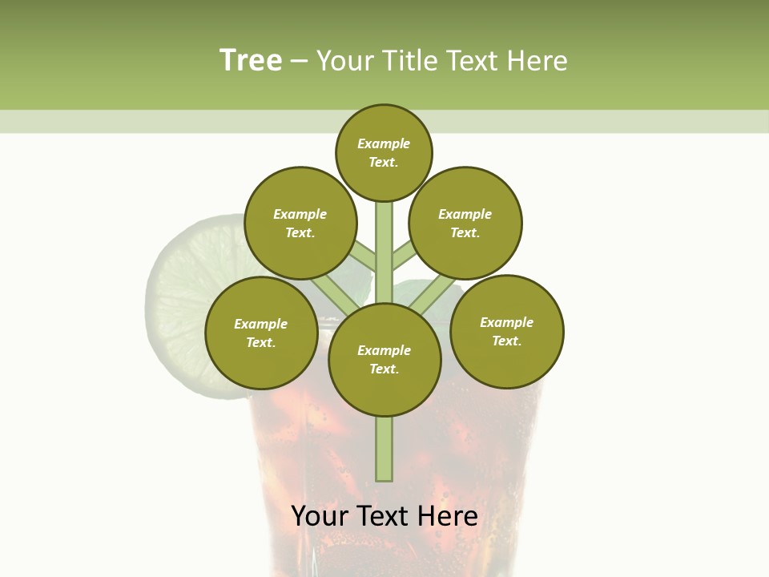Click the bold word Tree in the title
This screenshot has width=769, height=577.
[251, 60]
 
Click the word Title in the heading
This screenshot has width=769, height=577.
[409, 60]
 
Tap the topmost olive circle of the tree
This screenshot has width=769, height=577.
[384, 152]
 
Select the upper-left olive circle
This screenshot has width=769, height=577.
[300, 223]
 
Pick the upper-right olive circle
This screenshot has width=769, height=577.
[465, 223]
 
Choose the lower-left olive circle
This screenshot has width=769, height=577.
[261, 333]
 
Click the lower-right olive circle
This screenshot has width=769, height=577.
[506, 331]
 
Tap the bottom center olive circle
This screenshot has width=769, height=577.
[384, 360]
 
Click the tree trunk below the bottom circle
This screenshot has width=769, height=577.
[384, 449]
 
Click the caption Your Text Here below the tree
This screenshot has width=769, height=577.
[384, 516]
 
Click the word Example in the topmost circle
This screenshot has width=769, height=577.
[384, 143]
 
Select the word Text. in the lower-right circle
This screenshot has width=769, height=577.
[506, 341]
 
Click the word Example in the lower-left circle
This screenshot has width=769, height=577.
[261, 324]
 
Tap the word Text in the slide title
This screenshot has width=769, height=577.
[475, 60]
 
